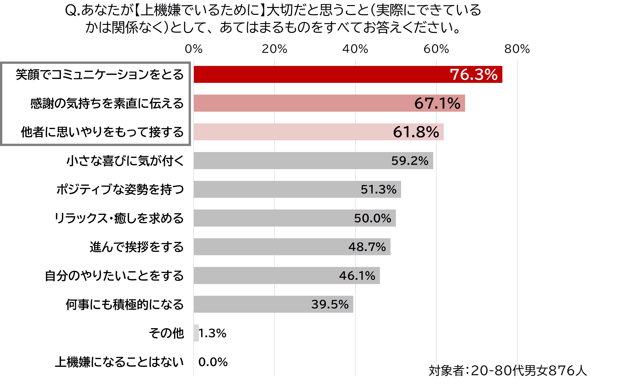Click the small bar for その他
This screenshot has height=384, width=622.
click(x=196, y=333)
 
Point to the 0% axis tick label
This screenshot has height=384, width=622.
click(x=194, y=49)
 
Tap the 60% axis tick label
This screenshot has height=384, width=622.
click(x=436, y=49)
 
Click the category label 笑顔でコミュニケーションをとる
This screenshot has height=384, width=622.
click(x=100, y=75)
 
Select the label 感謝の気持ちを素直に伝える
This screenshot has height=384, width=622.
click(x=107, y=103)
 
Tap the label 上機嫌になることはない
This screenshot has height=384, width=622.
click(x=119, y=362)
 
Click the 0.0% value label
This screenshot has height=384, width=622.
click(x=213, y=362)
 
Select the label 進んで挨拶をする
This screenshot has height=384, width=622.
click(x=137, y=247)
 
